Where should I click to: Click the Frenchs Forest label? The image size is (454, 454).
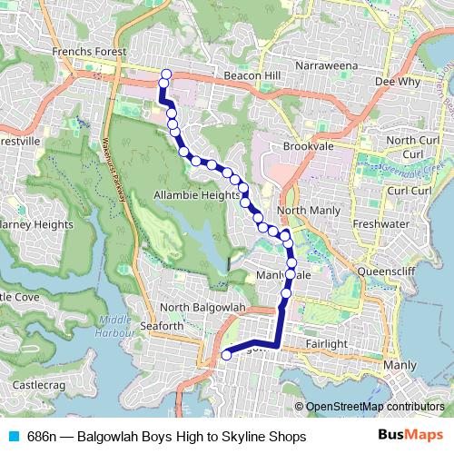(x=89, y=53)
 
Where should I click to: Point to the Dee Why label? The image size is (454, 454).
(x=396, y=81)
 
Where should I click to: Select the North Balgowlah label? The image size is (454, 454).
(x=205, y=309)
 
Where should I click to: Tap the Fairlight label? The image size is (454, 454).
(x=327, y=344)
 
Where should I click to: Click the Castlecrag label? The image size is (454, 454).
(x=37, y=386)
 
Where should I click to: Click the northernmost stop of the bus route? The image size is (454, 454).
(x=165, y=74)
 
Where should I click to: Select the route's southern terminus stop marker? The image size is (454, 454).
(x=225, y=355)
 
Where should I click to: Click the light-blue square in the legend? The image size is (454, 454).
(x=13, y=436)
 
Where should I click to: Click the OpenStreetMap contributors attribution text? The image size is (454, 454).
(x=374, y=407)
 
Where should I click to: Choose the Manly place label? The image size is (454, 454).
(x=400, y=365)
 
